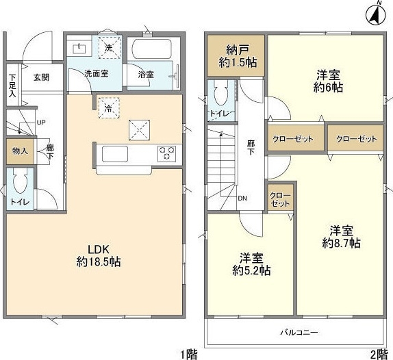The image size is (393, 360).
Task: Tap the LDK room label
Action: (x=99, y=256)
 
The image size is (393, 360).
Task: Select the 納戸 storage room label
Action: (x=238, y=56)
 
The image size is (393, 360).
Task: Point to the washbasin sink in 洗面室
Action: (x=79, y=49)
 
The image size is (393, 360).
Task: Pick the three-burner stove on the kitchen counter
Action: (x=166, y=153)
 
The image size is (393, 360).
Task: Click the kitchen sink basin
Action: (x=115, y=154)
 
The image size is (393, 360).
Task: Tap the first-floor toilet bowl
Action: (x=20, y=181)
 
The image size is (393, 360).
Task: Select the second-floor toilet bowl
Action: (x=221, y=92)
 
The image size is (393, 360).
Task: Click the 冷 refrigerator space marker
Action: (x=109, y=107)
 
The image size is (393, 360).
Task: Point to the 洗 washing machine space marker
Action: (x=109, y=48)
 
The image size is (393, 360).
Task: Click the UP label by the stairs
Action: (x=41, y=123)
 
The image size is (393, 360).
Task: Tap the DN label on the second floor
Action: (x=242, y=198)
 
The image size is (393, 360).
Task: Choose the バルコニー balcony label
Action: (x=299, y=333)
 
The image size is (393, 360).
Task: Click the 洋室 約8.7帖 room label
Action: (x=342, y=237)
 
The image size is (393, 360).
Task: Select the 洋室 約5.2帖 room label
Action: (x=251, y=264)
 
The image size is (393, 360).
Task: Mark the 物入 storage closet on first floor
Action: (x=20, y=151)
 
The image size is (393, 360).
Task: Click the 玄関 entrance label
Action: (x=41, y=77)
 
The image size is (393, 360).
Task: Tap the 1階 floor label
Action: (x=189, y=355)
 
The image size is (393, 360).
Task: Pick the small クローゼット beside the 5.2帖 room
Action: (x=281, y=199)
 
